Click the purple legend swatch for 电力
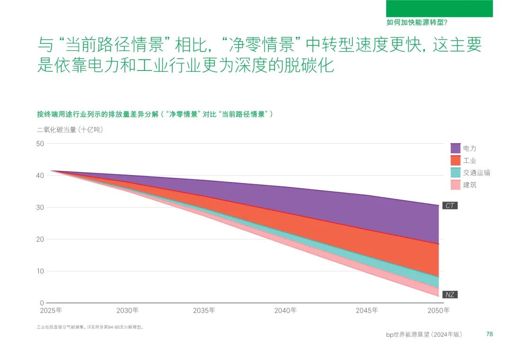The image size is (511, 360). [456, 148]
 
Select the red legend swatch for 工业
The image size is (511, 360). [456, 160]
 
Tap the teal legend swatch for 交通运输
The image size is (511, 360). [456, 173]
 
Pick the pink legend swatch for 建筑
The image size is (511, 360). [456, 185]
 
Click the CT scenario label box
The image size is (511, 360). [450, 206]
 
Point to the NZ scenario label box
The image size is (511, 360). [450, 295]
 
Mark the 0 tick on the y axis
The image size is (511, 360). [42, 303]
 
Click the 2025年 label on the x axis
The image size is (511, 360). [51, 311]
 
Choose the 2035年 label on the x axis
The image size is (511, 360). [204, 311]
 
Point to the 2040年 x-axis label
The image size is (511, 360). [285, 311]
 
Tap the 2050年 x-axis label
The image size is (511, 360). [438, 311]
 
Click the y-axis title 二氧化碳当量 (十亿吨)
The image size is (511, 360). [70, 130]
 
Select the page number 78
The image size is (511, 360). [490, 334]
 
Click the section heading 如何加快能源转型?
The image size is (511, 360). [417, 22]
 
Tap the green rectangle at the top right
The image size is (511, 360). [439, 9]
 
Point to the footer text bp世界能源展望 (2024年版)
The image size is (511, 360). [424, 334]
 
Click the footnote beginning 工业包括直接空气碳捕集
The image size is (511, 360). [90, 327]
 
